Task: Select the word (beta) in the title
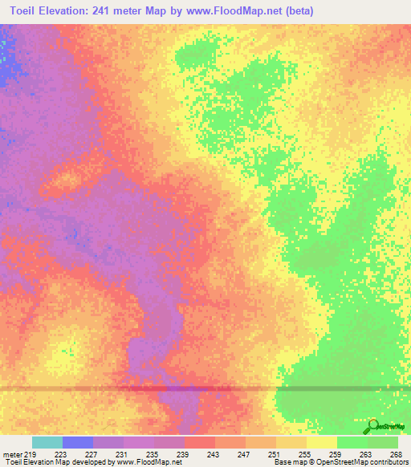click(x=296, y=10)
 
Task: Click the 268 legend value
click(x=395, y=454)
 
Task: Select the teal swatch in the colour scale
click(x=47, y=442)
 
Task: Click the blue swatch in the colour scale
click(x=78, y=442)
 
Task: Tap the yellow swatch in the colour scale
click(x=322, y=442)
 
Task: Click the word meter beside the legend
click(x=11, y=454)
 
